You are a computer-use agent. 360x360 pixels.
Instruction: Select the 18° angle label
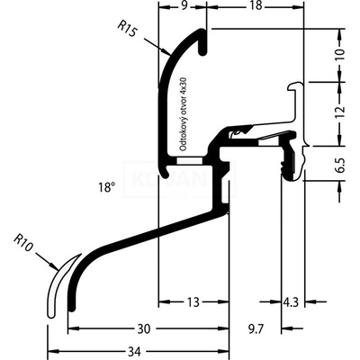click(x=108, y=188)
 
